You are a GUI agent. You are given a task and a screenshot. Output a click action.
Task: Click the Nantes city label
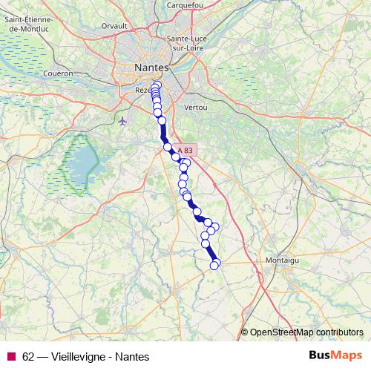[x=152, y=68]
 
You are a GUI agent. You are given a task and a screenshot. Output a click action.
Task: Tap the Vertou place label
[x=196, y=108]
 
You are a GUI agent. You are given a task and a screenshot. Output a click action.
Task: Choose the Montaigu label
[x=282, y=260]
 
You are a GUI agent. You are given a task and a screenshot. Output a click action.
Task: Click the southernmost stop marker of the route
[x=214, y=265]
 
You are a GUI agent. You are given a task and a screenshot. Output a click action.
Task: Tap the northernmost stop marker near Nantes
[x=155, y=85]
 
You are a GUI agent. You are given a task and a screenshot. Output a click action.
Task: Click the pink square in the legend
[x=10, y=356]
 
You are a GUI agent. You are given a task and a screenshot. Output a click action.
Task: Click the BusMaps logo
[x=335, y=355]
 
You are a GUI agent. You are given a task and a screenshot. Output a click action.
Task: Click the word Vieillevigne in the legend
[x=77, y=356]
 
